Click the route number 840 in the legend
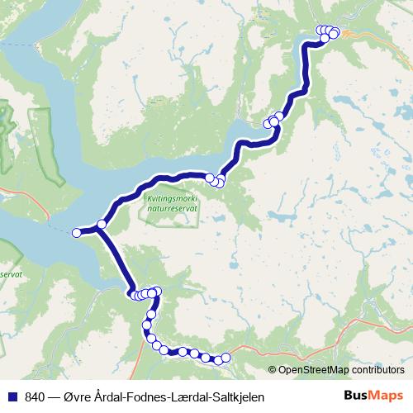pyautogui.click(x=35, y=397)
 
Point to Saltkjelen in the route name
pyautogui.click(x=235, y=397)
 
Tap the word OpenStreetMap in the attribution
pyautogui.click(x=315, y=369)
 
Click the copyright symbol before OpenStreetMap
pyautogui.click(x=273, y=369)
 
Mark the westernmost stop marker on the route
pyautogui.click(x=77, y=233)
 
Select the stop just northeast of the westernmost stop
pyautogui.click(x=102, y=224)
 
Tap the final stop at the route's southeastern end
pyautogui.click(x=225, y=358)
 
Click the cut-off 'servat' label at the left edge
pyautogui.click(x=8, y=272)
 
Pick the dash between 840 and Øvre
pyautogui.click(x=55, y=397)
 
